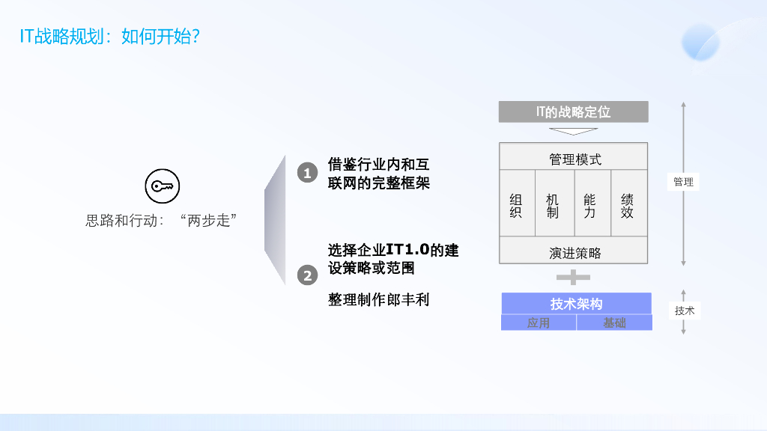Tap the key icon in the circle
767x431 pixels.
pos(162,187)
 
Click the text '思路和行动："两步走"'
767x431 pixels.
pos(162,221)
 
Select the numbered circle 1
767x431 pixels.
pos(307,173)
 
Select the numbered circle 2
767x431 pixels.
pos(307,275)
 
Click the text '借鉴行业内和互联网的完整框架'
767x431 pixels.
pos(379,174)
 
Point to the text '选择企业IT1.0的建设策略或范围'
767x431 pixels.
pos(393,259)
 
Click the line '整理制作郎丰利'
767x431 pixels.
pos(379,299)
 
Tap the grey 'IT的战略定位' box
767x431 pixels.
pos(573,111)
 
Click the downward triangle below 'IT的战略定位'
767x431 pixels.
pos(573,132)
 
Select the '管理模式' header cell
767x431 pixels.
pos(573,159)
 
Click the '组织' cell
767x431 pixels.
pos(516,206)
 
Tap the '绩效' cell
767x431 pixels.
pos(628,206)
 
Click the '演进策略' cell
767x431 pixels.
pos(573,253)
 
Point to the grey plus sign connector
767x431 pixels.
pos(573,277)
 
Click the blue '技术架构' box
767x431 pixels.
pos(576,303)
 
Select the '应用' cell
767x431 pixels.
pos(538,323)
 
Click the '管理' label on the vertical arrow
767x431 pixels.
pos(683,181)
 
